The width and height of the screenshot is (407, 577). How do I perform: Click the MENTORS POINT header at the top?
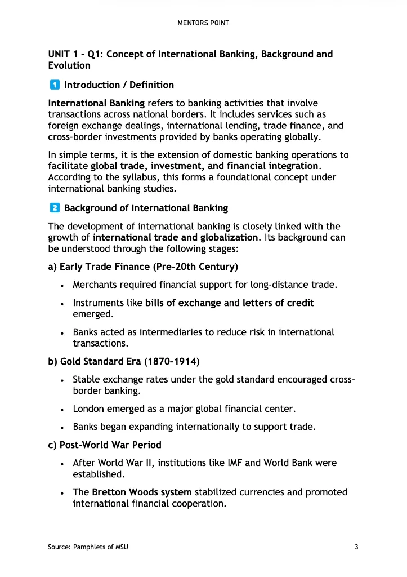pyautogui.click(x=203, y=23)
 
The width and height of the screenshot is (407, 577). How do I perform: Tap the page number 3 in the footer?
pyautogui.click(x=356, y=547)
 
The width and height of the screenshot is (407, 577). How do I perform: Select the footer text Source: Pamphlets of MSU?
pyautogui.click(x=88, y=547)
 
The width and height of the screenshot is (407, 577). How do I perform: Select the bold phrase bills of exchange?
pyautogui.click(x=183, y=303)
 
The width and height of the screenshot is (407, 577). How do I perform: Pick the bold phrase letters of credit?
pyautogui.click(x=278, y=303)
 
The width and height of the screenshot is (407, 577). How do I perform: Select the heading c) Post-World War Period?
pyautogui.click(x=105, y=445)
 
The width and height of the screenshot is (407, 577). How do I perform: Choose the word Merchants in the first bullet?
pyautogui.click(x=95, y=285)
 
